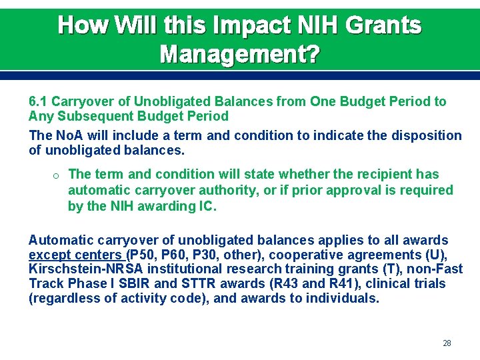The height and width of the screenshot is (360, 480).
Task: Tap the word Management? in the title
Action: tap(240, 54)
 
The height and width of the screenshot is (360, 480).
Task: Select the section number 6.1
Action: tap(38, 102)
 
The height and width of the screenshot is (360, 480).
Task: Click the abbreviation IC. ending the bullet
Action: tap(206, 207)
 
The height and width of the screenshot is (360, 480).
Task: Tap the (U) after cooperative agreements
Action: tap(436, 255)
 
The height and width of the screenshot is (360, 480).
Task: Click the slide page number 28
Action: tap(447, 343)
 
